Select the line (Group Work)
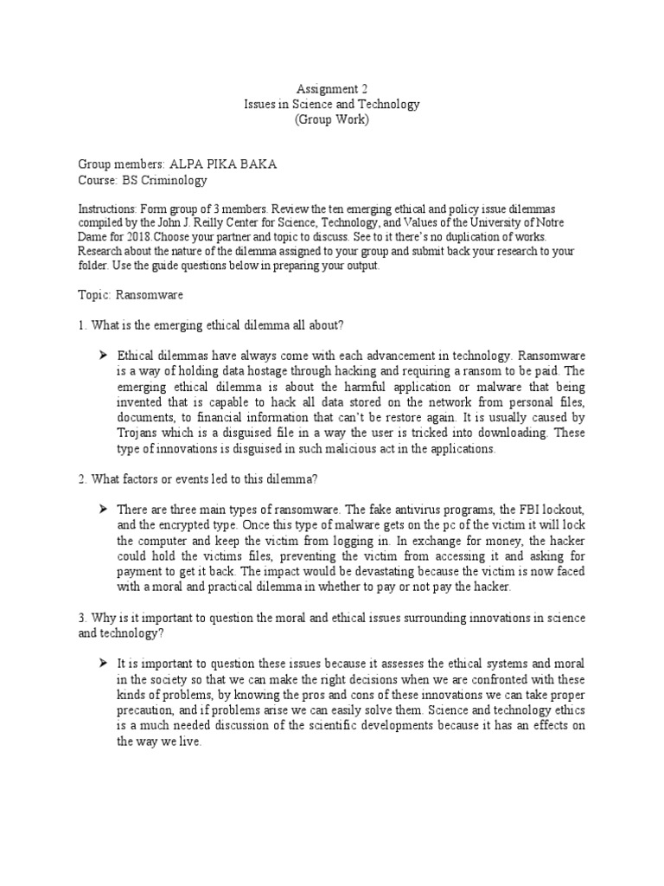point(332,119)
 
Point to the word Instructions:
point(106,210)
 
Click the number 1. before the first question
point(82,324)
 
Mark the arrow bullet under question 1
point(102,356)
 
